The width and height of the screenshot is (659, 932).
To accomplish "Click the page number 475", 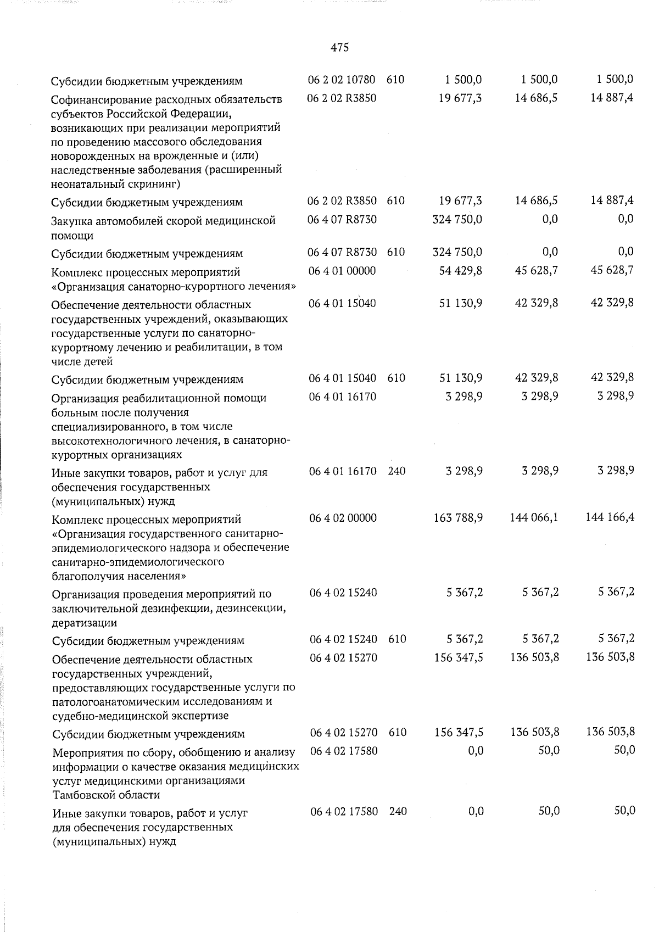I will (340, 48).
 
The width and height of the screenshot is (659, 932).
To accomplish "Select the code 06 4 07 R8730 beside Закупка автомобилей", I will (343, 219).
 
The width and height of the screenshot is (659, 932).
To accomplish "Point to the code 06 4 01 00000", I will (343, 271).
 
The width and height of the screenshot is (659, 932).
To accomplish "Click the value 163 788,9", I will (458, 518).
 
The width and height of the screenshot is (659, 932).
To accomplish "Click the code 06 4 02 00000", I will (343, 518).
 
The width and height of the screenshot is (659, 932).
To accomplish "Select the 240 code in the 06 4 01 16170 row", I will (396, 471).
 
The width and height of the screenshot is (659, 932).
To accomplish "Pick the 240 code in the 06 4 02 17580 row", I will (398, 811).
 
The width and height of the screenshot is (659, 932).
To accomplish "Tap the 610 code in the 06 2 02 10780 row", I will (395, 80).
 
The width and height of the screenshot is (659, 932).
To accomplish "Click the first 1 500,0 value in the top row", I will (463, 80).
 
